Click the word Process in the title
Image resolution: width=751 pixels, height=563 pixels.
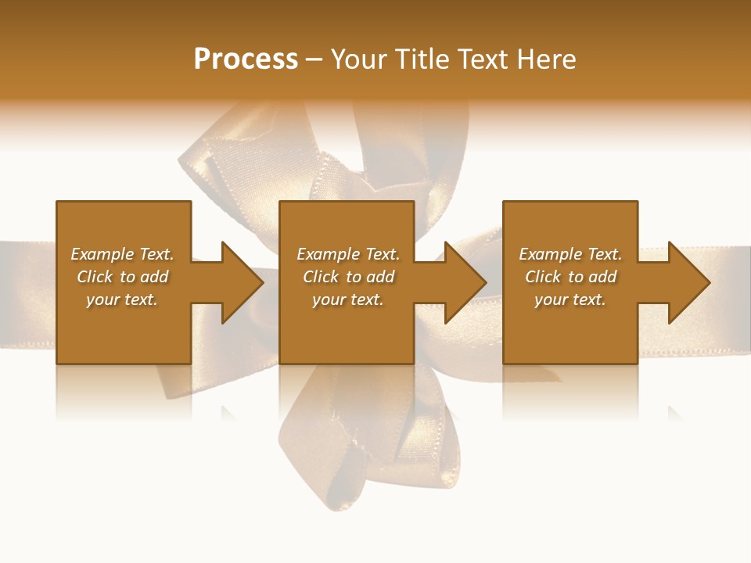click(x=246, y=59)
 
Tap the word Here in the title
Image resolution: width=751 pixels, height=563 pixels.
click(x=547, y=59)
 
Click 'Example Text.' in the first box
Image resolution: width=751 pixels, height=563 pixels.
click(x=122, y=254)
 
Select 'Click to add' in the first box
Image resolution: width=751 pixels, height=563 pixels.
click(x=122, y=277)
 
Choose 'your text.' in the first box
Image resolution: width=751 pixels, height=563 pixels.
click(x=122, y=299)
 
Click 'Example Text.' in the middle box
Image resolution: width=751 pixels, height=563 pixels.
click(x=348, y=254)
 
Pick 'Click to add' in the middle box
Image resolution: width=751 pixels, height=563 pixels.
click(x=348, y=277)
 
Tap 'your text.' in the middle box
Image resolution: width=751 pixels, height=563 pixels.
click(x=348, y=299)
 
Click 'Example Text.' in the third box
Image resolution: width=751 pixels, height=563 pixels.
click(x=570, y=254)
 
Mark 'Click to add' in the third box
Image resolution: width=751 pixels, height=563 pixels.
click(x=570, y=277)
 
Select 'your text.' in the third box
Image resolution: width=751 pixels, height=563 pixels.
click(x=570, y=299)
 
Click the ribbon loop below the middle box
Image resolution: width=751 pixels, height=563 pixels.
click(x=368, y=446)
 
